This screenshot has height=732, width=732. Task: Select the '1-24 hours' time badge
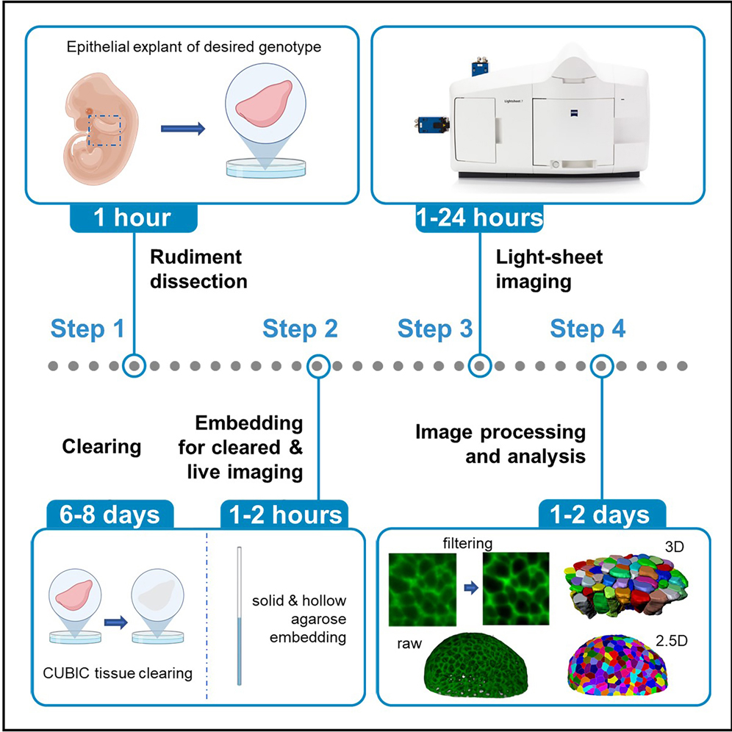[479, 218]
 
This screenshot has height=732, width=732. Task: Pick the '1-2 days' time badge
[602, 514]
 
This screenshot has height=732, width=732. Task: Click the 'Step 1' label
[88, 329]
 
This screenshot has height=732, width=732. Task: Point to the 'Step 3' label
[435, 329]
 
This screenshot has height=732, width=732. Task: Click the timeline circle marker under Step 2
[317, 365]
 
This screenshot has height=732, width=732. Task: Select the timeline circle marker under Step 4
[602, 365]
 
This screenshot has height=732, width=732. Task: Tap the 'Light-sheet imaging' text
[539, 269]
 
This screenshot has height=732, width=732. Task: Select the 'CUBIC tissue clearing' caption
[118, 673]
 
